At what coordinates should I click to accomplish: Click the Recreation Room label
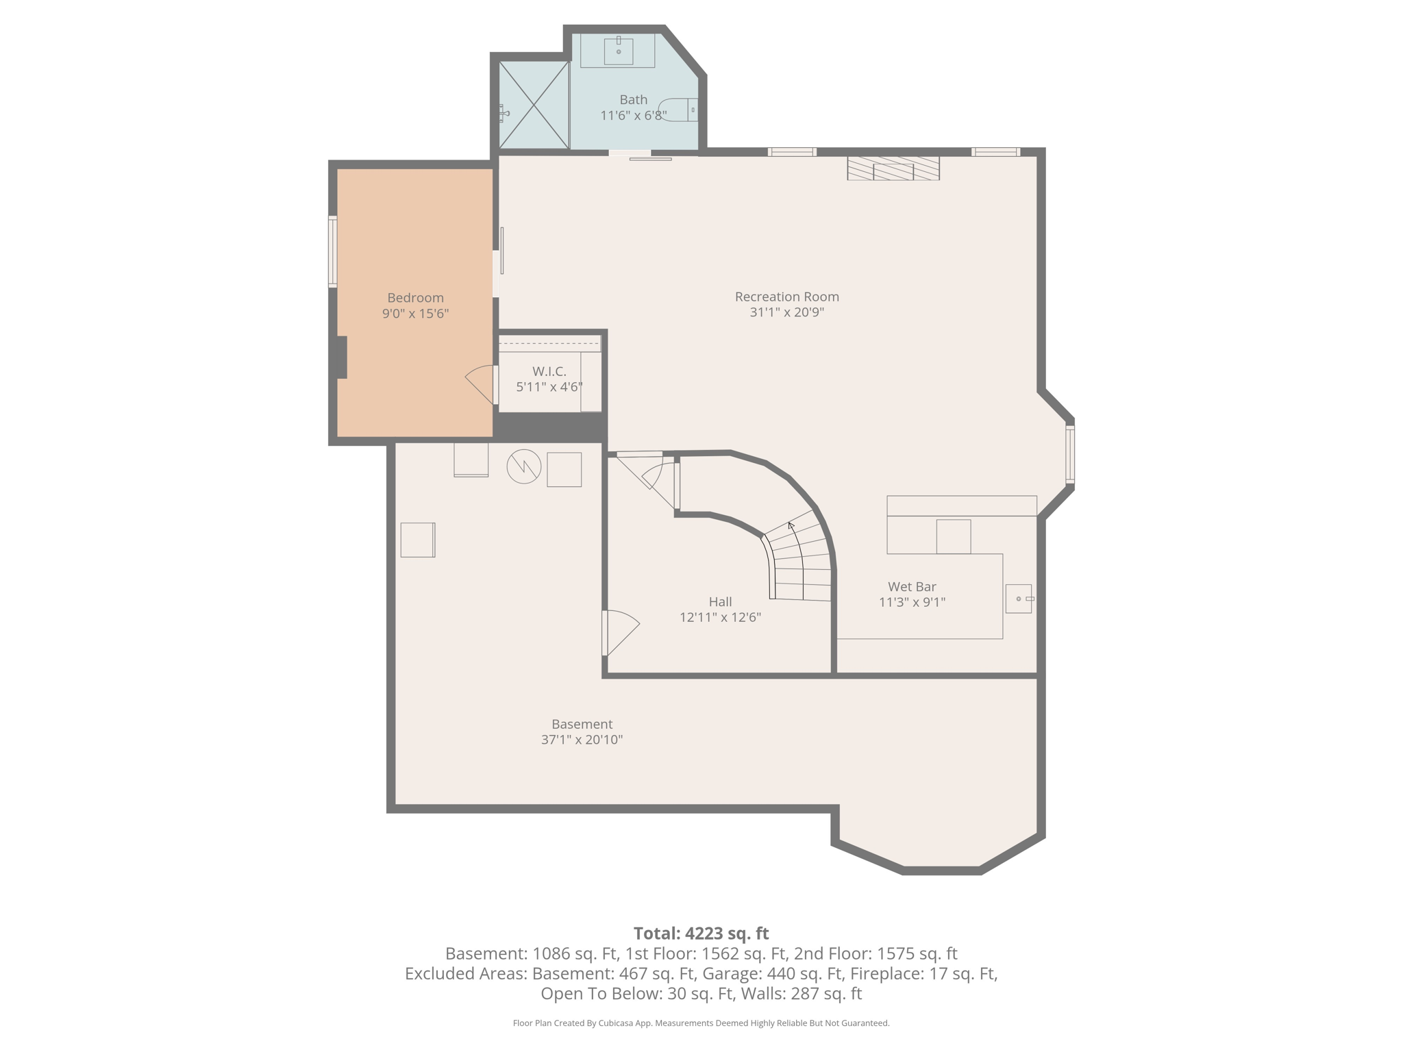coord(786,297)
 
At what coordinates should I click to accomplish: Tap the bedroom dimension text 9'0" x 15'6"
coord(415,314)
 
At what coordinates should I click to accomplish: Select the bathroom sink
coord(618,51)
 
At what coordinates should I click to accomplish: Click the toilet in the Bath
coord(678,110)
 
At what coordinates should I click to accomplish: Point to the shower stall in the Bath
coord(534,105)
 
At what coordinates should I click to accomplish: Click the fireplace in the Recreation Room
coord(893,168)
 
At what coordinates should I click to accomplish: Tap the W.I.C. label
coord(549,371)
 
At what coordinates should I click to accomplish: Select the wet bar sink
coord(1019,599)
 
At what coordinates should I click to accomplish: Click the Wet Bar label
coord(912,586)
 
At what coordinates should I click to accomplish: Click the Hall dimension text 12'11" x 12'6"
coord(720,617)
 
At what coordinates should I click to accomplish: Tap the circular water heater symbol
coord(524,467)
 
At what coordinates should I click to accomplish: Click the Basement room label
coord(582,724)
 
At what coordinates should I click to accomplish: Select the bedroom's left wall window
coord(333,251)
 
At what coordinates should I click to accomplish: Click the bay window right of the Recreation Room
coord(1070,454)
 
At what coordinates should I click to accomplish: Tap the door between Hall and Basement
coord(620,632)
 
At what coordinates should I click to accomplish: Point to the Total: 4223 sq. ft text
coord(701,934)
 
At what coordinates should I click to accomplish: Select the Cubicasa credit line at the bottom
coord(701,1023)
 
